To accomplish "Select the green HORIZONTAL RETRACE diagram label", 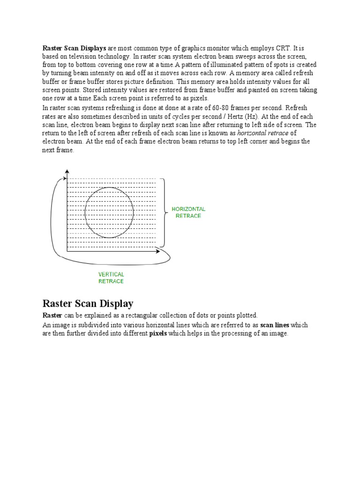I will point(188,212).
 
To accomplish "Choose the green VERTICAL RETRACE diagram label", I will point(111,277).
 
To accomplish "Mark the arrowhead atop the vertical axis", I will point(67,172).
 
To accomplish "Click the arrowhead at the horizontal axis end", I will point(158,252).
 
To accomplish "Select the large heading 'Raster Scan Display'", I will point(88,303).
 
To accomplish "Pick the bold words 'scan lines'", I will point(275,325).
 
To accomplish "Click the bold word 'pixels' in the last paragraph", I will point(158,333).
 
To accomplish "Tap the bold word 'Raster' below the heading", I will point(52,315).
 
